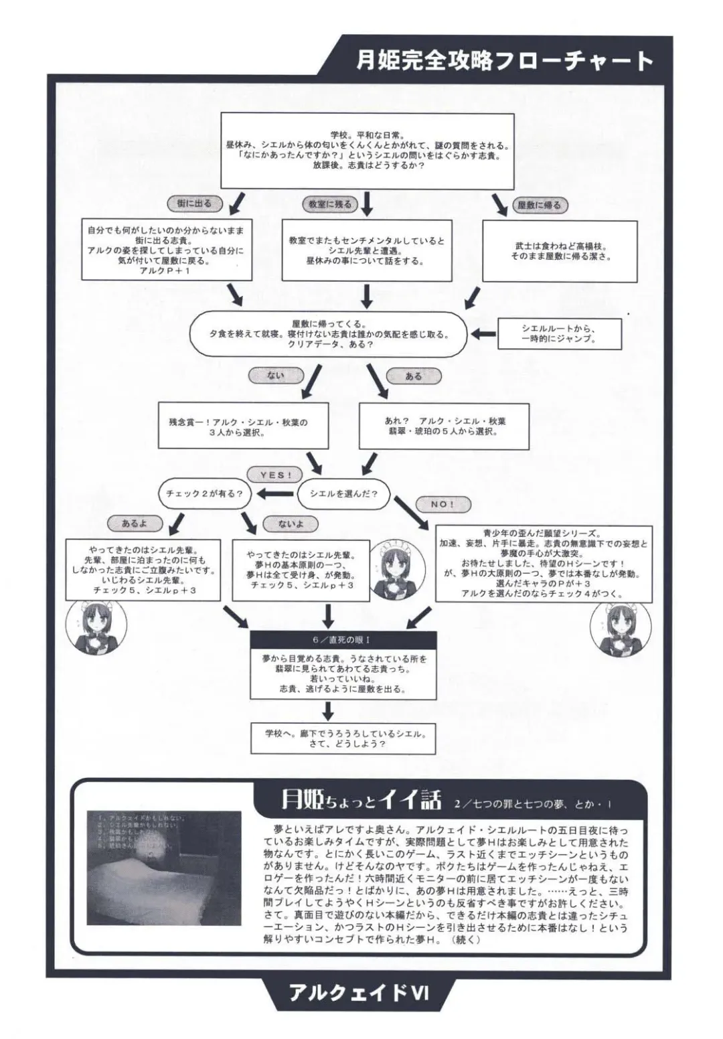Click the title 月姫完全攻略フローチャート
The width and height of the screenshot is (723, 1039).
coord(505,61)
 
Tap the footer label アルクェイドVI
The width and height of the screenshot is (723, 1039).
coord(359,992)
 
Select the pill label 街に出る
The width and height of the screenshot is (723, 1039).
coord(193,203)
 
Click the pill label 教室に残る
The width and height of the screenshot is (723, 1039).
coord(329,204)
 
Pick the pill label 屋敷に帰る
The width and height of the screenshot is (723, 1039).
coord(539,205)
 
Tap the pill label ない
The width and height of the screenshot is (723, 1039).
coord(275,376)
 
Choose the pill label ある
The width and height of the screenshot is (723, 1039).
coord(413,376)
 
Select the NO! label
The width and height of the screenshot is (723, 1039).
coord(442,504)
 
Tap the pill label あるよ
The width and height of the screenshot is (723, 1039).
coord(135,524)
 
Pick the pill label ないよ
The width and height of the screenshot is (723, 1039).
coord(291,524)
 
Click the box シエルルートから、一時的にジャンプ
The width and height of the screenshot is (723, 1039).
coord(559,333)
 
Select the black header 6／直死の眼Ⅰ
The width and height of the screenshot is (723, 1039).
coord(343,640)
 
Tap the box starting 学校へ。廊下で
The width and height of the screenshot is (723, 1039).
coord(344,738)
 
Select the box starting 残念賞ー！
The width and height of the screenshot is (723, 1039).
coord(243,426)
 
